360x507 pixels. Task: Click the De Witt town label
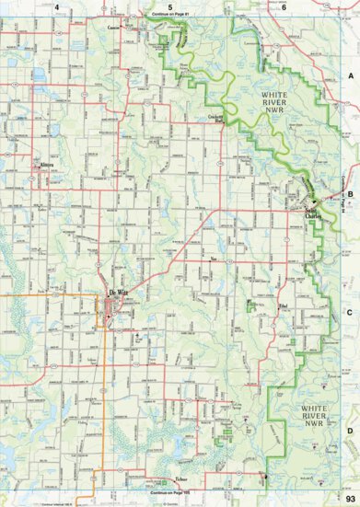tap(118, 294)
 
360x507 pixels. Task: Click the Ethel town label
tap(285, 303)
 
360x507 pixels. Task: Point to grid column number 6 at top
tap(284, 7)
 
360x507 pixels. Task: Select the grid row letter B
tap(350, 195)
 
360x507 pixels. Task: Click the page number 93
tap(350, 498)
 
